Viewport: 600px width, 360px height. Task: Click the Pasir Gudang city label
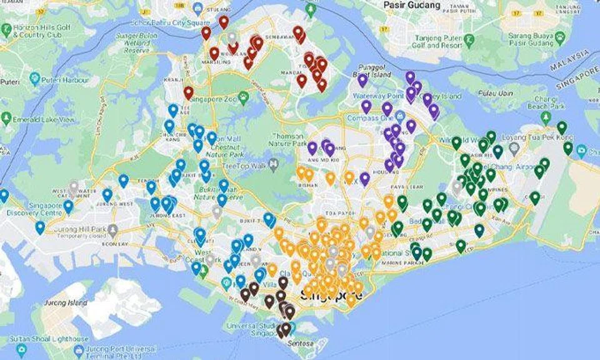pos(412,5)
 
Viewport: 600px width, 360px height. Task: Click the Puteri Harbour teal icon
pos(35,80)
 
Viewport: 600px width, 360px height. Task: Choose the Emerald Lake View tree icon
pos(6,119)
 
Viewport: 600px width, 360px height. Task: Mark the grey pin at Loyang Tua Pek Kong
pos(514,148)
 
